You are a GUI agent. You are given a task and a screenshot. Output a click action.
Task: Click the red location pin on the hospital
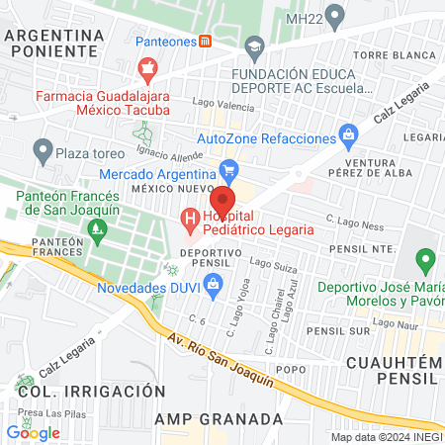click(x=218, y=204)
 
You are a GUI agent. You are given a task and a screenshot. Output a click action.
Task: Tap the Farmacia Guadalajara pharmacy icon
click(x=147, y=69)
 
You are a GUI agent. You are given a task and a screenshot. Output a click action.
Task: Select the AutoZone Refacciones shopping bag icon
click(x=347, y=133)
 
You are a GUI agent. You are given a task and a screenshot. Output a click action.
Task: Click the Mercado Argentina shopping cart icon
click(x=228, y=168)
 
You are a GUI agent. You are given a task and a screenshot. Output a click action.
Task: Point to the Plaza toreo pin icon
click(x=42, y=151)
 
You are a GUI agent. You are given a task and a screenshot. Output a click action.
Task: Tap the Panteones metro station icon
click(x=205, y=42)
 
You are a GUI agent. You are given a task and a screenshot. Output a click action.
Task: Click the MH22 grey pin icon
click(x=334, y=16)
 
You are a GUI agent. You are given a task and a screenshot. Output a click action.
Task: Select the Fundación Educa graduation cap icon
click(x=255, y=46)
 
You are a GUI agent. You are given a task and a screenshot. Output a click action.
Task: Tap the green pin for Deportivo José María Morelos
click(x=425, y=261)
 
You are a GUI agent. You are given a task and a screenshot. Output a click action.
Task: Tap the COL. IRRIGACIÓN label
click(x=90, y=392)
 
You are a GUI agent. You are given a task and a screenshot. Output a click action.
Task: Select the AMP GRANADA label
click(x=215, y=418)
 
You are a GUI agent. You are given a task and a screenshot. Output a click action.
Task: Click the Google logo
click(x=33, y=432)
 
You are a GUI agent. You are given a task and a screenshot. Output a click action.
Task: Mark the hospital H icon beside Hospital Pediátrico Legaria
click(x=188, y=219)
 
